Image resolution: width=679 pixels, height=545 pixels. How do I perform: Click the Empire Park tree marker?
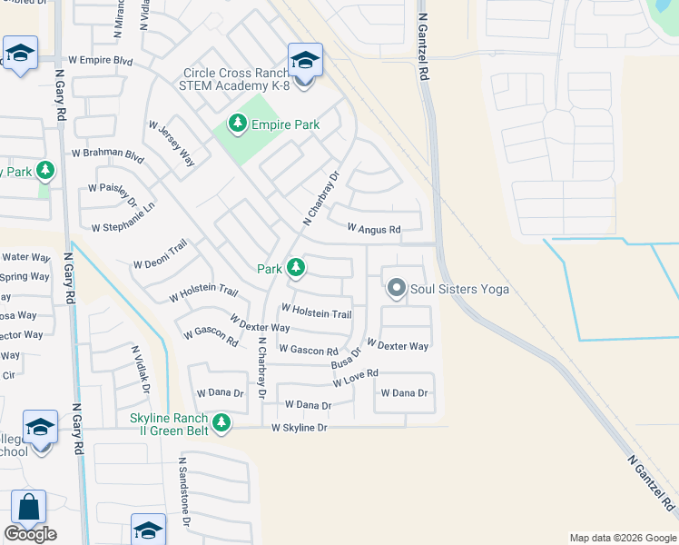(238, 124)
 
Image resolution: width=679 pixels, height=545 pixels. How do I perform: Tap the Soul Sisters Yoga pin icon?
(396, 289)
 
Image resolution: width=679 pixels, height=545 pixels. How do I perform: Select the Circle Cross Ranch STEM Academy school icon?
(305, 62)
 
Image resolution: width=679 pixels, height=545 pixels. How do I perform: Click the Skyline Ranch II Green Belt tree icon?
(220, 422)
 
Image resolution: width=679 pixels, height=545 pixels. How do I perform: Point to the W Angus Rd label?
(374, 230)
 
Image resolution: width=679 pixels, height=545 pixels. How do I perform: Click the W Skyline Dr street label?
(299, 427)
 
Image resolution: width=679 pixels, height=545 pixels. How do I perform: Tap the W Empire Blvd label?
(101, 61)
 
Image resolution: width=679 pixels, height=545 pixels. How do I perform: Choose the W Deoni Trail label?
(160, 254)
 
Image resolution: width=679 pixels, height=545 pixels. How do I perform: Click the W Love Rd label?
(355, 378)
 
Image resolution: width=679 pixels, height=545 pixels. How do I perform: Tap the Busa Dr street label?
(346, 357)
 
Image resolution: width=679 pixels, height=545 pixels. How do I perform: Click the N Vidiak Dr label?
(140, 367)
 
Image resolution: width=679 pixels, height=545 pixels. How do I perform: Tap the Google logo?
(30, 534)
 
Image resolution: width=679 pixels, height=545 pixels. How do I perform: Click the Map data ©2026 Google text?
(622, 538)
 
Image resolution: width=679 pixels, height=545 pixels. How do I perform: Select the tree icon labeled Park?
(295, 268)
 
